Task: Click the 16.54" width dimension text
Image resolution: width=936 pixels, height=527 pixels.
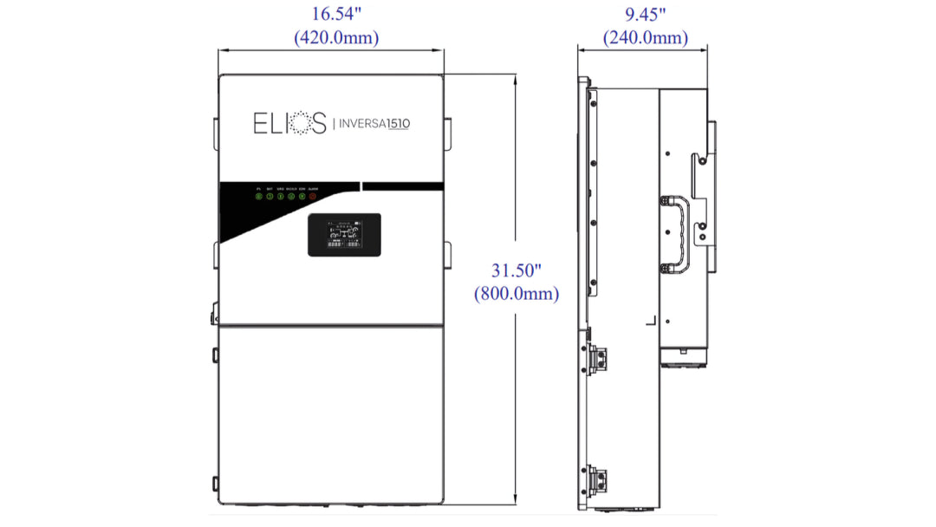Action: click(x=336, y=14)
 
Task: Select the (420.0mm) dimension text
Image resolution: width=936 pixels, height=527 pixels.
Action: click(x=336, y=37)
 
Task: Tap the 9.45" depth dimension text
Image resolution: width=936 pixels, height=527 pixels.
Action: click(x=645, y=14)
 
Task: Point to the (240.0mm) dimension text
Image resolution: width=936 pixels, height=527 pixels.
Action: click(x=645, y=37)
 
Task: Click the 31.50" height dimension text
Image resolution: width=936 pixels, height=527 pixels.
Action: click(x=517, y=270)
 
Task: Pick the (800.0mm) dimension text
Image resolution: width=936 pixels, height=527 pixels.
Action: click(x=517, y=294)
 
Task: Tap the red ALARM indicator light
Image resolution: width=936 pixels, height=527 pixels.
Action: click(x=313, y=197)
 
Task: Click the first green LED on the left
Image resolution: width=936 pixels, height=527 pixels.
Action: click(x=258, y=197)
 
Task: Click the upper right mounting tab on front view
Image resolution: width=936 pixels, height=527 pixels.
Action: click(x=448, y=130)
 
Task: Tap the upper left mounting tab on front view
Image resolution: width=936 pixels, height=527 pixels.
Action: click(x=215, y=130)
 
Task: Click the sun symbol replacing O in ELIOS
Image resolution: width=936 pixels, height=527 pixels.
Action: click(x=295, y=123)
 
